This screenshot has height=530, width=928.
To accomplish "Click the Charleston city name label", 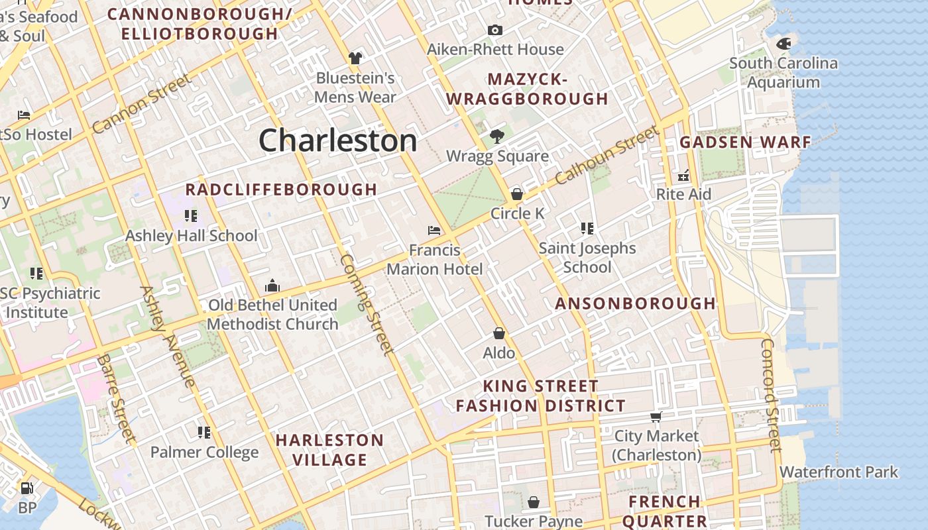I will [x=337, y=140].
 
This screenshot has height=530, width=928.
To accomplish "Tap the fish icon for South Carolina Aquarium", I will [x=783, y=44].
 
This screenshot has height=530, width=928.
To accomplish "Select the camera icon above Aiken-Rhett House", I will [x=494, y=30].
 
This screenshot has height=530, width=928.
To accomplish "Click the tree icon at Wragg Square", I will [x=496, y=137].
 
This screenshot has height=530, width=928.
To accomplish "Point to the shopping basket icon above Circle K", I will [x=517, y=194].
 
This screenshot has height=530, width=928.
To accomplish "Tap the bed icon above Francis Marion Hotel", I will [x=434, y=231].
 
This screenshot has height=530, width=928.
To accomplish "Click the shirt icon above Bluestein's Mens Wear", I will [x=355, y=58].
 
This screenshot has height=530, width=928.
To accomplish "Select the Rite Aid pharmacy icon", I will [x=683, y=176].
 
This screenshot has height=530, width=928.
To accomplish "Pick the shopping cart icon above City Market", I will [x=656, y=417].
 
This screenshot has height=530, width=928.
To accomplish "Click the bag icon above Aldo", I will [x=498, y=333].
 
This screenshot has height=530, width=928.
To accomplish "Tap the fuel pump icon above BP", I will [x=27, y=488].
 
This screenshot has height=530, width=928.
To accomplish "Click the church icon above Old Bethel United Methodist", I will [x=272, y=286].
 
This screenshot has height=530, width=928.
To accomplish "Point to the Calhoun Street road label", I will [x=607, y=156].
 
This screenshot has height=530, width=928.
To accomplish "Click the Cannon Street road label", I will [x=141, y=103].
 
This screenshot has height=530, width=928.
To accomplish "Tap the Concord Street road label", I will [x=771, y=395].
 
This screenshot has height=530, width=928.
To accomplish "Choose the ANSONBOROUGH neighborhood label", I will [x=635, y=303].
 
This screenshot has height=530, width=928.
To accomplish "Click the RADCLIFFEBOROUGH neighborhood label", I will [x=281, y=189].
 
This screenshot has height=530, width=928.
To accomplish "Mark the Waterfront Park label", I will [x=839, y=472].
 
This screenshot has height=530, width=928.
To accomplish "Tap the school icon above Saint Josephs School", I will [x=587, y=229].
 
